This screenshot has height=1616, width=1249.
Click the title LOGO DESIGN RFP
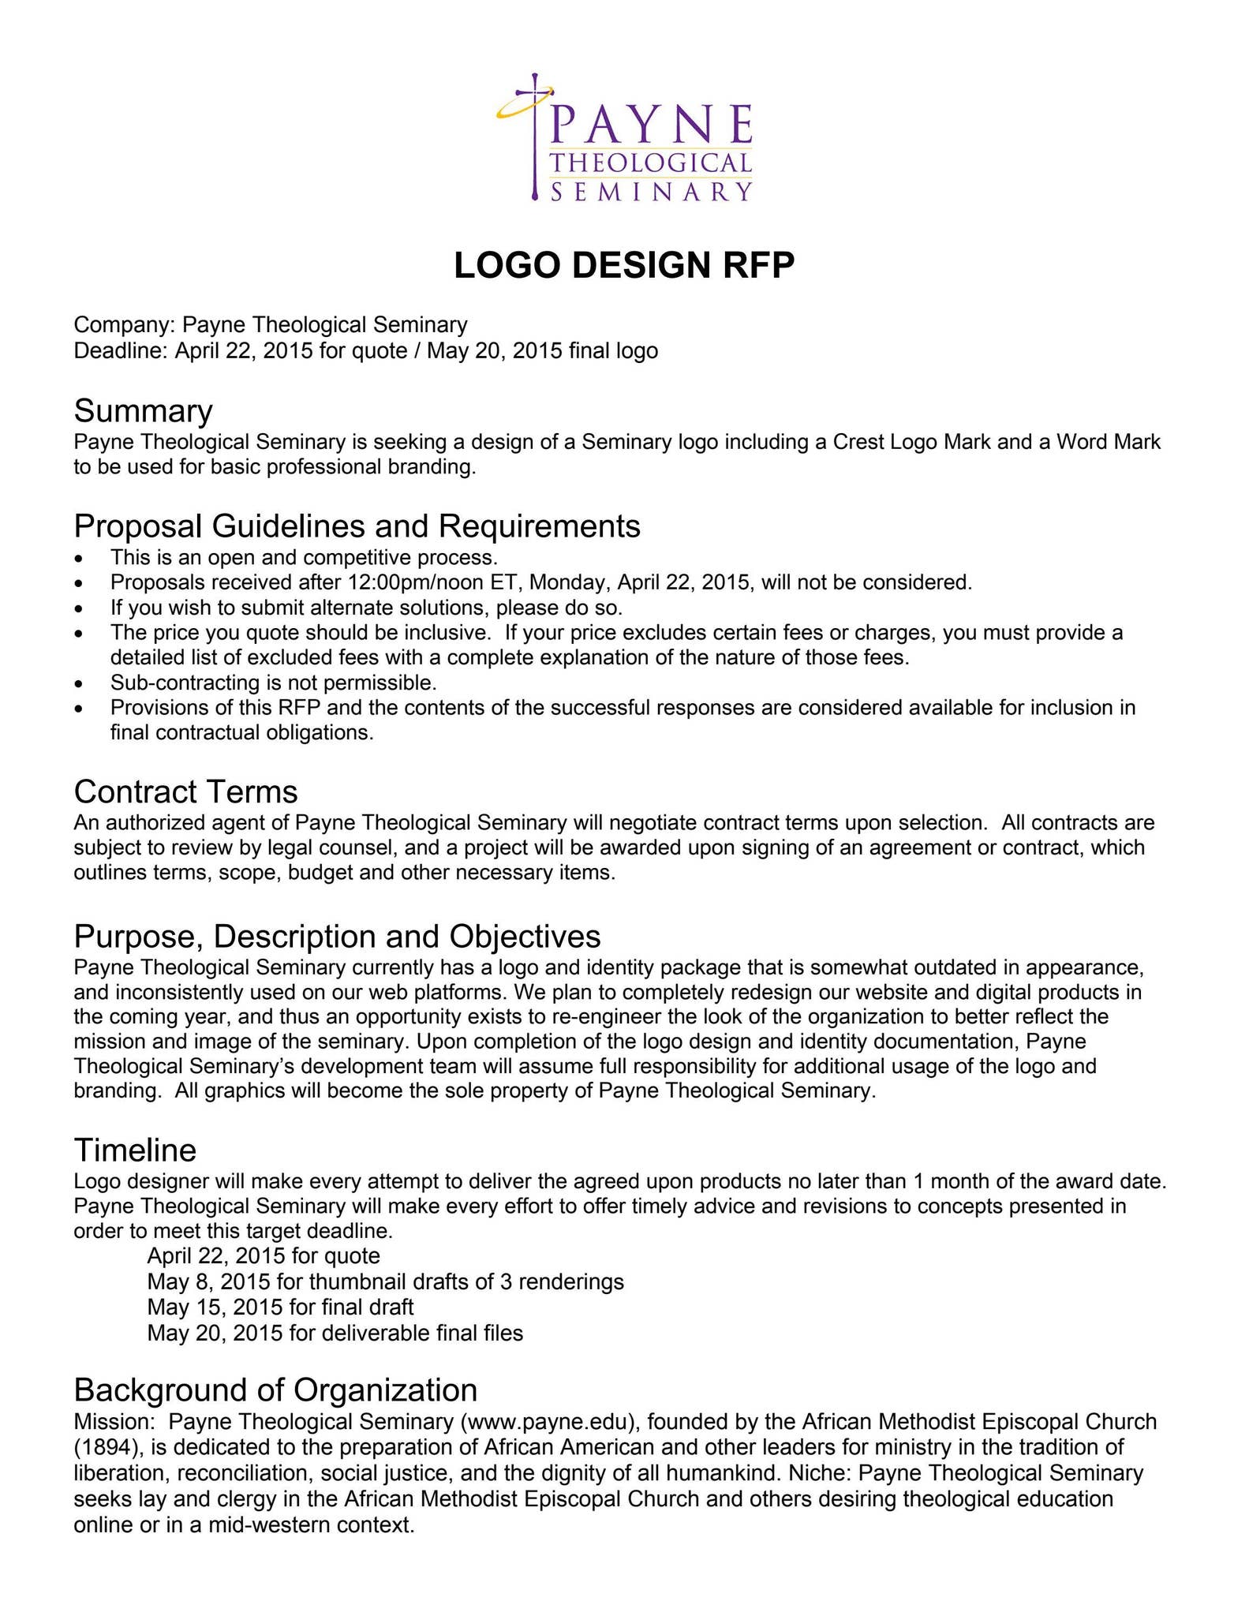[624, 265]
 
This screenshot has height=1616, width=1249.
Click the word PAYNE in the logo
[651, 123]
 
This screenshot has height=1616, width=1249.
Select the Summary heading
[143, 411]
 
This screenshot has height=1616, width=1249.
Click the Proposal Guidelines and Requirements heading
[357, 526]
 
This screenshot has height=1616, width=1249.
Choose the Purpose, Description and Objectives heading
[337, 936]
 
